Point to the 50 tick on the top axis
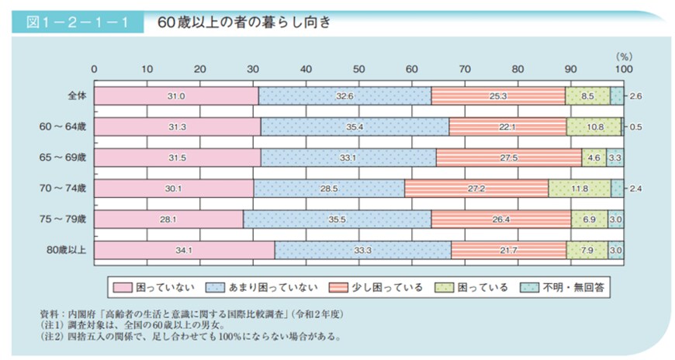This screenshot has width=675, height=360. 358,68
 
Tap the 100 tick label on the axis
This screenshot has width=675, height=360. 622,68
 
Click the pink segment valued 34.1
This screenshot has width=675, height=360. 184,250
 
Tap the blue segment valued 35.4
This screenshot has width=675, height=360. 355,126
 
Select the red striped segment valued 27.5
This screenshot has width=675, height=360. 509,157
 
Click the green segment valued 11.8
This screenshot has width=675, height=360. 579,188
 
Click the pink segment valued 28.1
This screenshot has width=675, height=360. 168,219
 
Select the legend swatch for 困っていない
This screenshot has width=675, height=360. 123,288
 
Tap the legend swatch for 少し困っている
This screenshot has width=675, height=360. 338,288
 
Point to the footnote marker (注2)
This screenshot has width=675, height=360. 50,337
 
